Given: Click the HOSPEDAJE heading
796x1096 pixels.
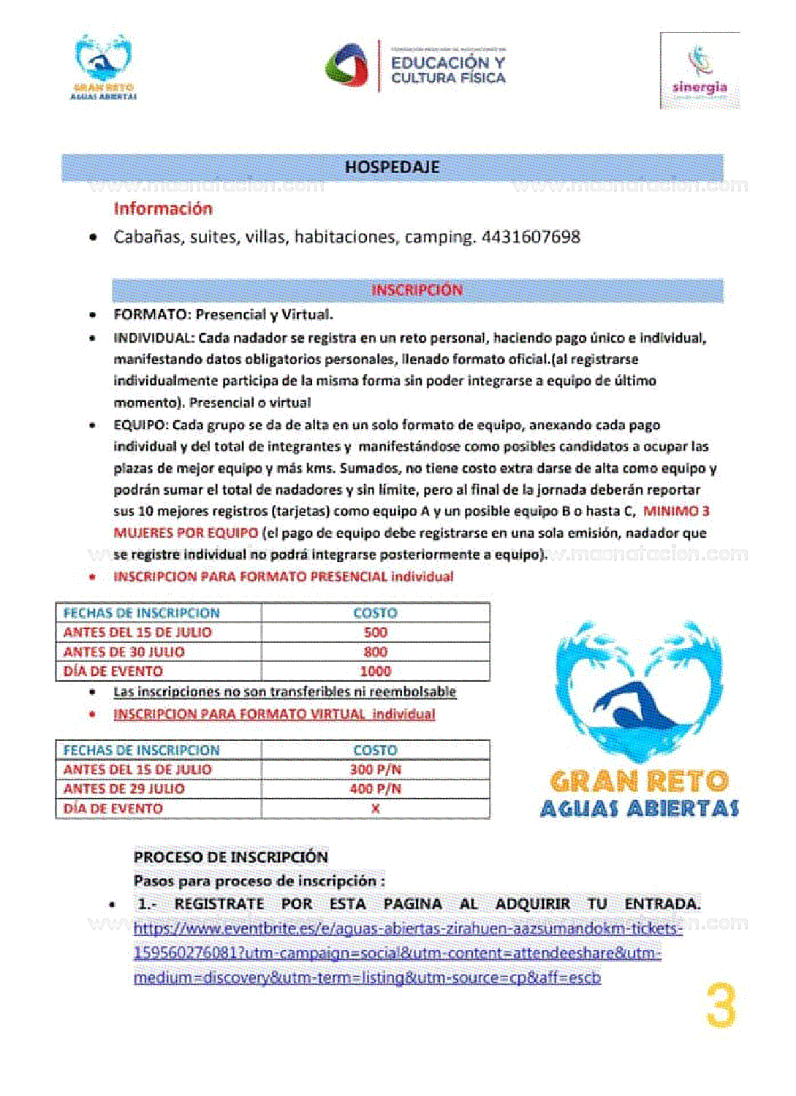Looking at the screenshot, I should click(392, 167).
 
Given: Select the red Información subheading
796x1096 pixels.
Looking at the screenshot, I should click(163, 209).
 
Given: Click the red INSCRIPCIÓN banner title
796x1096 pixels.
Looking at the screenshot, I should click(417, 290).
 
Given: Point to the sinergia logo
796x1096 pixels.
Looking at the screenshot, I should click(700, 72).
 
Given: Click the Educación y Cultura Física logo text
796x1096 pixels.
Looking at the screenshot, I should click(447, 69).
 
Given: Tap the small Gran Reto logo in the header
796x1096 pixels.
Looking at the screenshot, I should click(103, 67).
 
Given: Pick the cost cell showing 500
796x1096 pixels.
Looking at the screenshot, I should click(375, 633).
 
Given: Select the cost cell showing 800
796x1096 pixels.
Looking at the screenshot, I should click(375, 652).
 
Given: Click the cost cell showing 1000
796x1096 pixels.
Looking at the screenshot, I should click(375, 671).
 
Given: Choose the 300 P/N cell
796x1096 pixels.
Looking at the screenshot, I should click(375, 769).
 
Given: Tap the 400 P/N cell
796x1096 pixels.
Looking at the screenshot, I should click(375, 789).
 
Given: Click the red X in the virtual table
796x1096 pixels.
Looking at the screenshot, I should click(375, 809).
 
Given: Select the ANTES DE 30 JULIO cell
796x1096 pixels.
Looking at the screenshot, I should click(124, 652).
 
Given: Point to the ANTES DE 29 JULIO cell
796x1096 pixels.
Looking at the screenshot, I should click(124, 789).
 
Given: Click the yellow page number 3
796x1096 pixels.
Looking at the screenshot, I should click(721, 1006).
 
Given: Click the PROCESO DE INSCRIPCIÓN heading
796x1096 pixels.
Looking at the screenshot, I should click(230, 857).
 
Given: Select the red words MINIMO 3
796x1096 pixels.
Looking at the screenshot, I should click(676, 511).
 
